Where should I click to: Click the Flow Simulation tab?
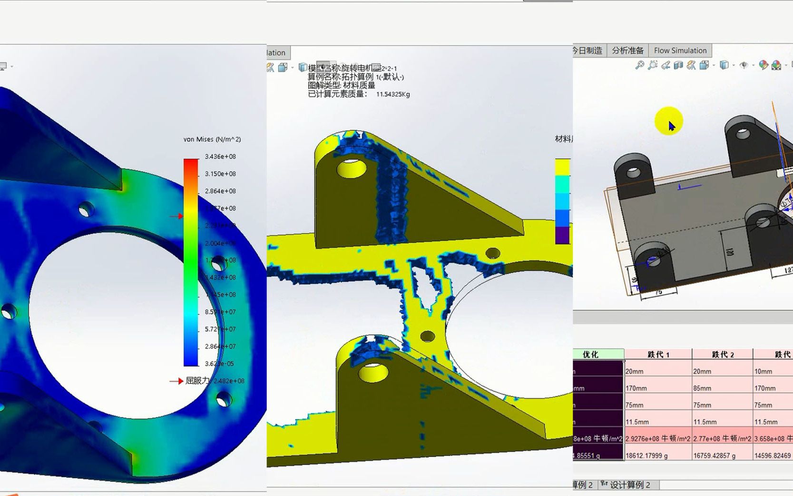pos(680,50)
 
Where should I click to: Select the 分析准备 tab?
pos(627,50)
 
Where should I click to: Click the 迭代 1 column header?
pos(658,354)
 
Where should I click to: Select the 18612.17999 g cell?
pos(646,456)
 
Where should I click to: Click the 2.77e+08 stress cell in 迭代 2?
pos(722,438)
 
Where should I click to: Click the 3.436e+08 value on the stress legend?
pos(220,157)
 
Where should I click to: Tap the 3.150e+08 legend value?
pos(220,174)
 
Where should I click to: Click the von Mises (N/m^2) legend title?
pos(212,139)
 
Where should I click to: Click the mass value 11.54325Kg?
pos(393,94)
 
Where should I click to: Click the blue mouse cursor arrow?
pos(671,126)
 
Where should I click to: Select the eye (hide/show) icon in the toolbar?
pos(744,65)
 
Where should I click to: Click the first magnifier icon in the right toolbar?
pos(640,65)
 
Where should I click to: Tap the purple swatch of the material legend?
pos(562,235)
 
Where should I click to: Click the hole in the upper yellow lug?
pos(352,169)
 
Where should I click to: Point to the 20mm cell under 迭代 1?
pos(635,371)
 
